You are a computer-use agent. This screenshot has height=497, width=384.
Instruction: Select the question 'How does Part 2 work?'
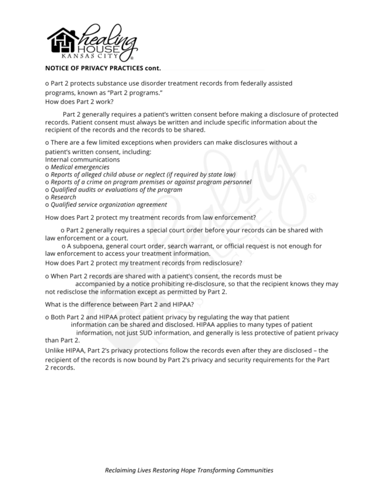pos(76,101)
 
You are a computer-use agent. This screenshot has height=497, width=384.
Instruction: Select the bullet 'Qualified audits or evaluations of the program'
pos(116,189)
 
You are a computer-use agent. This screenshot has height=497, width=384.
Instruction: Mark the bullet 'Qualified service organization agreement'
pos(109,204)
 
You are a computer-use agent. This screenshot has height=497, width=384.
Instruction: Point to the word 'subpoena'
pos(93,246)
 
